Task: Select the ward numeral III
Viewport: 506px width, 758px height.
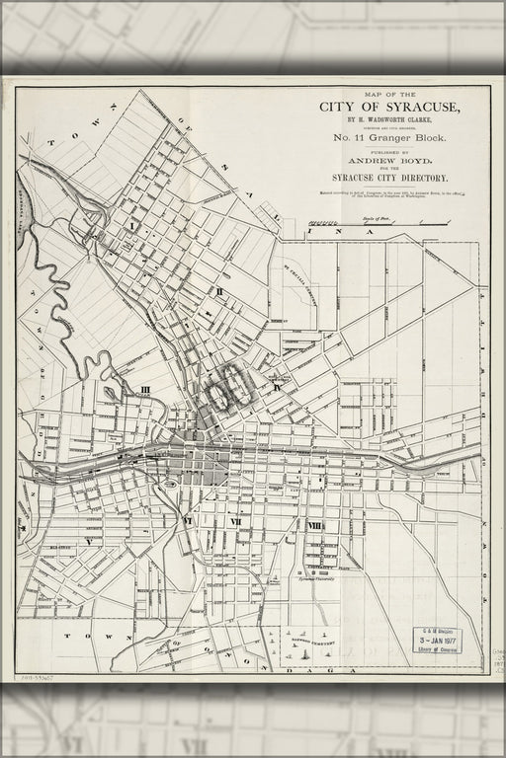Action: click(145, 390)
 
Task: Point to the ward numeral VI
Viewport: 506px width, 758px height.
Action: click(187, 520)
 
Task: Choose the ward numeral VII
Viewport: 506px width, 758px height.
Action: click(236, 521)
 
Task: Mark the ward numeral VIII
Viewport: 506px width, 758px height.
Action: click(314, 526)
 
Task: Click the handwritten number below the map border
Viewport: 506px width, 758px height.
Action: click(38, 680)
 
